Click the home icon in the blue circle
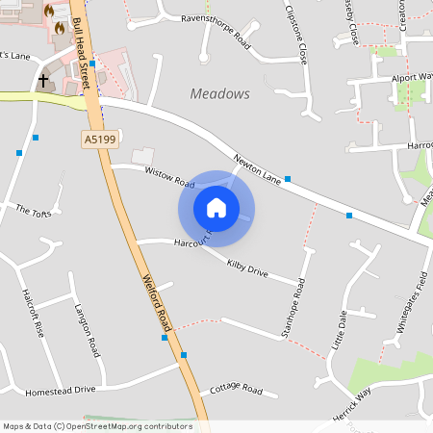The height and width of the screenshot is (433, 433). point(216,207)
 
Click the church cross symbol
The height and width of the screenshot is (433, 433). point(43,81)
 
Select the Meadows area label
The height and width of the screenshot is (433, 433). point(220,94)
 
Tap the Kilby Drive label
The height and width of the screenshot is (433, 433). point(246,267)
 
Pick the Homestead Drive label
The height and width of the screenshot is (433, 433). point(61,390)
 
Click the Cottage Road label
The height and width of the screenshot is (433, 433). point(236,389)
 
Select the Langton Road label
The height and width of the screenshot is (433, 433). point(87,330)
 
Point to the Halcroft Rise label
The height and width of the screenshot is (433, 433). point(33,314)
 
